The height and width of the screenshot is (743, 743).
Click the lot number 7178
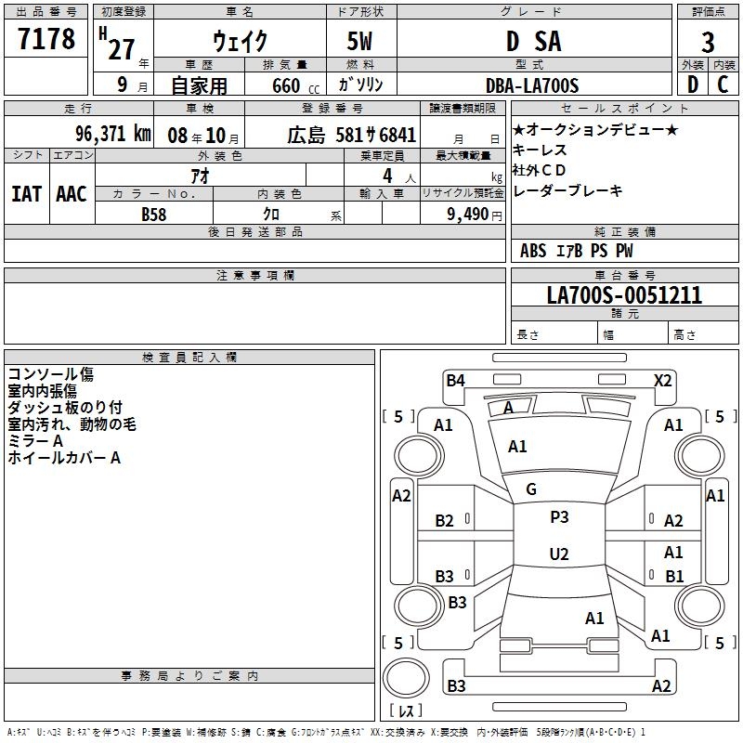[x=46, y=38]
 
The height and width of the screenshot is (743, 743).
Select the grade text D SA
[x=533, y=41]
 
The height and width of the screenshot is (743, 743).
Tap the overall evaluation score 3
[x=708, y=43]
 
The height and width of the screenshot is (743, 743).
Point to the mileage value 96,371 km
[x=112, y=134]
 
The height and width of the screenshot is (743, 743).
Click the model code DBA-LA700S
[x=532, y=85]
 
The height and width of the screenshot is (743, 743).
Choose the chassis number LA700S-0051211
[x=624, y=295]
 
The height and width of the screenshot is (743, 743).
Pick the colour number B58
[x=153, y=215]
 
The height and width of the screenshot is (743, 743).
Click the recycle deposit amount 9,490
[x=468, y=214]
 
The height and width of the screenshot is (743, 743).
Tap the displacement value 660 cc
[x=295, y=85]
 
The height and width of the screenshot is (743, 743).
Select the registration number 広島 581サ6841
[x=352, y=135]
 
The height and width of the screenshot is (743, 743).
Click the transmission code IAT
[x=27, y=194]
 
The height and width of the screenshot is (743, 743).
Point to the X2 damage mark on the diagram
[x=662, y=381]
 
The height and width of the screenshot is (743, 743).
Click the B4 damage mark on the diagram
[x=455, y=381]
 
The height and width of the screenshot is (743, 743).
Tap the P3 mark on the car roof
[x=559, y=517]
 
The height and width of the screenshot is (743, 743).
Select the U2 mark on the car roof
[x=559, y=554]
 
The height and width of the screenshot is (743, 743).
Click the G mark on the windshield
[x=531, y=489]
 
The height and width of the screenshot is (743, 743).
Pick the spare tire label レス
[x=406, y=710]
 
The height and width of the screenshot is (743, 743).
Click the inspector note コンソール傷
[x=51, y=374]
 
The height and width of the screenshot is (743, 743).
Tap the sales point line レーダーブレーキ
[x=567, y=190]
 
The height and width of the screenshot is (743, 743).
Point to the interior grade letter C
[x=723, y=85]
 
